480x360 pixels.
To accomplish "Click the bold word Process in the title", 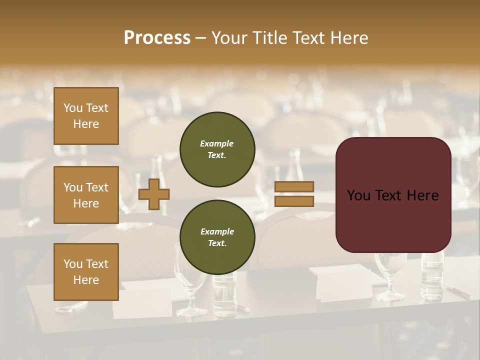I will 157,38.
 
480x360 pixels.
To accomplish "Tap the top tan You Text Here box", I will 86,116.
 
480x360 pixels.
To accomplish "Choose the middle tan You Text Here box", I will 86,195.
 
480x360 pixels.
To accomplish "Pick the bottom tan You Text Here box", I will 86,272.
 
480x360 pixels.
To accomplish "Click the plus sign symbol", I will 154,194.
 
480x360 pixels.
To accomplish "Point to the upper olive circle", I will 217,149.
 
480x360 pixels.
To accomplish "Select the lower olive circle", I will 217,237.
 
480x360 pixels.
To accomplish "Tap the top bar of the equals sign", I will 294,187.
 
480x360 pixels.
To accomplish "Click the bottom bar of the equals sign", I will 294,201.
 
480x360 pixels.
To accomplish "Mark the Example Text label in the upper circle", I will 217,149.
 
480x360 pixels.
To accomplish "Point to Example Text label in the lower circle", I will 217,237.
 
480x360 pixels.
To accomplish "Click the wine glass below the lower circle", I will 190,290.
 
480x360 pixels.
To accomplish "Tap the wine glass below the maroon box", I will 391,275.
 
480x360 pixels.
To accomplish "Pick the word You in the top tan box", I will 73,108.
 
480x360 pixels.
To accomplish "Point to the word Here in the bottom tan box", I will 86,280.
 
